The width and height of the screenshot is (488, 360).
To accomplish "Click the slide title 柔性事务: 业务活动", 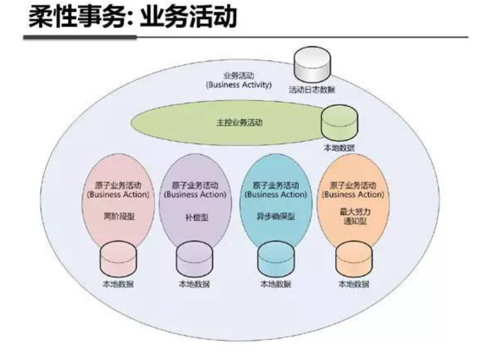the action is tap(133, 17).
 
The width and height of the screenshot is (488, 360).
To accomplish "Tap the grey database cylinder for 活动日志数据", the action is tap(312, 65).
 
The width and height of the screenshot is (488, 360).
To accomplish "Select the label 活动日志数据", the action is tap(312, 90).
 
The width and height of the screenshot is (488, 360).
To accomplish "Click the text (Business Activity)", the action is tap(239, 85).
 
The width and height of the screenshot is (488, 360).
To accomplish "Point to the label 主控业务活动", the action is tap(239, 122).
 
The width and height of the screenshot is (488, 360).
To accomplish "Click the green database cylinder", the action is tap(339, 123).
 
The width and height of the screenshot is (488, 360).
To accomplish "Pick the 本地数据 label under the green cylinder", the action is tap(339, 147).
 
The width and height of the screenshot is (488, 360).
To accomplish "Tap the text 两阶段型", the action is tap(119, 216).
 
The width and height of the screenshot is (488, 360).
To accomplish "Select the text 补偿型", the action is tap(197, 217).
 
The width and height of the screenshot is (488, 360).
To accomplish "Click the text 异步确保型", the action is tap(276, 216).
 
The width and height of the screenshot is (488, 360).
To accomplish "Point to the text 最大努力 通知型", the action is tap(355, 216).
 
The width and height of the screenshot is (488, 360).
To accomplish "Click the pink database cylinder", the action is tap(118, 259).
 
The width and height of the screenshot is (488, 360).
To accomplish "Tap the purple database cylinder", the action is tap(195, 259).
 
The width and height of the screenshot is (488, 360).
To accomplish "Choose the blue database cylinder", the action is tap(276, 259).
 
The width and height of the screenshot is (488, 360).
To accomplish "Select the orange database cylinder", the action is tap(354, 259).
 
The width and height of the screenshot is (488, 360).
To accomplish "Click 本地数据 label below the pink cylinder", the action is tap(118, 284).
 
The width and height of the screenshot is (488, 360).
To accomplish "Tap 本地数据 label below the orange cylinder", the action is tap(354, 284).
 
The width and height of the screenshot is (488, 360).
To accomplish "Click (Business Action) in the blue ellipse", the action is tap(276, 195).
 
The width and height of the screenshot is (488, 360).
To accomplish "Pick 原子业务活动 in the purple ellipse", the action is tap(195, 185).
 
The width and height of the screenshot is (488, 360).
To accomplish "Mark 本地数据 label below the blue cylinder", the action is tap(276, 284).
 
